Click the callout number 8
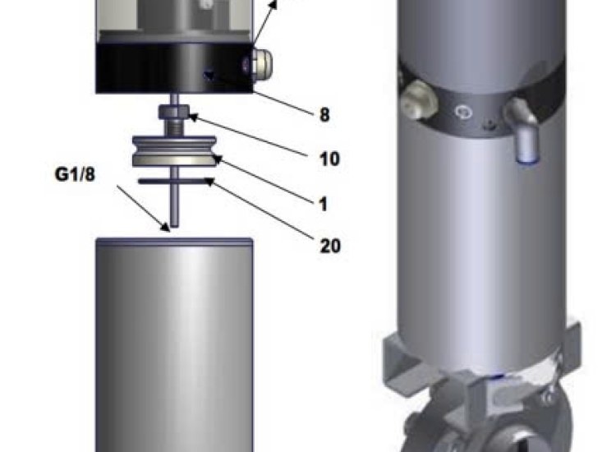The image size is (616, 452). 324,114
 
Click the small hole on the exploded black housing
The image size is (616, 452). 208,77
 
